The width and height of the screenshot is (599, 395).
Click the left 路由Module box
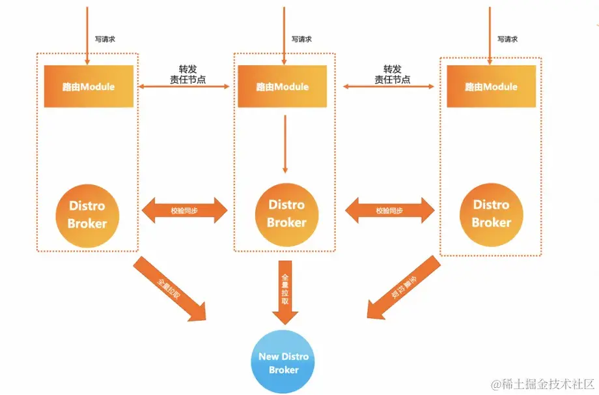coord(89,86)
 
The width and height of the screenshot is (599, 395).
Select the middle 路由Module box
coord(282,86)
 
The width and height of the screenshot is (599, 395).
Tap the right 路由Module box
coord(491,86)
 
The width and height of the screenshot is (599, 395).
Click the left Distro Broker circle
coord(87,214)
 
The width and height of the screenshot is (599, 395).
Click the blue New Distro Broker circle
coord(283,363)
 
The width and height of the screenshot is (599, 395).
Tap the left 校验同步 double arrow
coord(186,211)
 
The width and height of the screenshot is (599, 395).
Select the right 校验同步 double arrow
coord(389,211)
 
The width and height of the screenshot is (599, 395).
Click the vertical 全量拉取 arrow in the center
coord(285,292)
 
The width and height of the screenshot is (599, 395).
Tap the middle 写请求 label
coord(301,39)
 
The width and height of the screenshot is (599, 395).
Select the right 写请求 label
coord(507,39)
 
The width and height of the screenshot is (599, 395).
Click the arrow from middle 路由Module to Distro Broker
coord(285,143)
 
